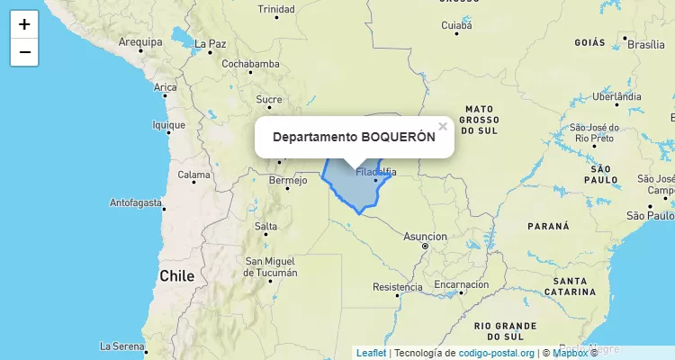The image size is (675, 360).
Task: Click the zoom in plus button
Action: click(24, 24)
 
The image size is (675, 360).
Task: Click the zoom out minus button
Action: click(24, 52)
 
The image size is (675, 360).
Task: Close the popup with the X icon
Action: click(442, 127)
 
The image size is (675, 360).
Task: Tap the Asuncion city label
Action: click(425, 237)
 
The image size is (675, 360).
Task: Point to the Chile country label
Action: click(176, 276)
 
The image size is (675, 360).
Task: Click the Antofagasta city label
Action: click(136, 202)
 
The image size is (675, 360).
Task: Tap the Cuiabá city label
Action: click(456, 26)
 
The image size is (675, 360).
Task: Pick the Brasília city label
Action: click(645, 44)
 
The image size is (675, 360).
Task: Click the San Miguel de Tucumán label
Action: click(271, 266)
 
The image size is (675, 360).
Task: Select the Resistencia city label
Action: click(397, 288)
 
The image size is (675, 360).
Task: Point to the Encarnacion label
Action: click(461, 284)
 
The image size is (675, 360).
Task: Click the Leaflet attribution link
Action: click(371, 353)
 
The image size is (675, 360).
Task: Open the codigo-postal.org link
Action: click(497, 353)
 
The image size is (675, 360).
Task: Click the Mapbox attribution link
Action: click(570, 353)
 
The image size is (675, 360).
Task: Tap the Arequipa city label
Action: click(139, 41)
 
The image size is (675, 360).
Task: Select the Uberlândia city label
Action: click(616, 96)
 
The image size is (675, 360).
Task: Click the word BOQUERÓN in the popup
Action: click(398, 137)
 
